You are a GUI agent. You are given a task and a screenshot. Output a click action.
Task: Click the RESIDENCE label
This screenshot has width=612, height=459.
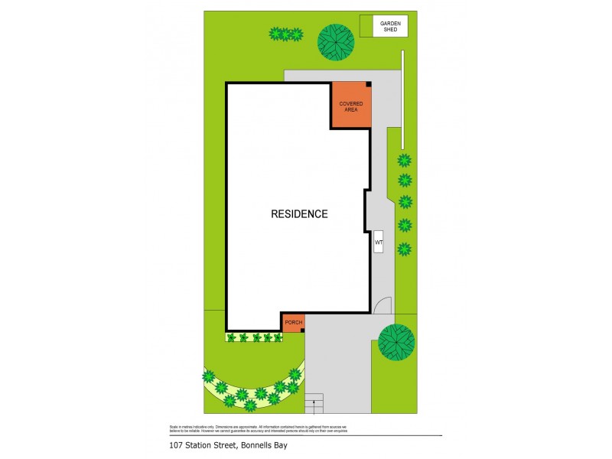click(299, 214)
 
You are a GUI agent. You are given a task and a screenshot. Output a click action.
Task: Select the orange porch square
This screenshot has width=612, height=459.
click(294, 323)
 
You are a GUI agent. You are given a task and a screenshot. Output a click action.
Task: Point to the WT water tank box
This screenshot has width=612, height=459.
click(378, 243)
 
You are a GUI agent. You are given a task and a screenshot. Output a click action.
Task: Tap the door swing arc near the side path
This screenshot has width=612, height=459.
click(382, 304)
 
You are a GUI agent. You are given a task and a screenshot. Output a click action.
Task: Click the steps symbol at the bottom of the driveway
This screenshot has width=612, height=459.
click(314, 404)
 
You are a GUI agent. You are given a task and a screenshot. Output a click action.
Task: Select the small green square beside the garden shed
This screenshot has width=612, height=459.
click(366, 27)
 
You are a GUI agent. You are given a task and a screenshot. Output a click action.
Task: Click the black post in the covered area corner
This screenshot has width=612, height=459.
click(368, 84)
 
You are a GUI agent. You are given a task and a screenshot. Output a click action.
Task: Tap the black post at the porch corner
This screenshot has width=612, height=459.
click(303, 330)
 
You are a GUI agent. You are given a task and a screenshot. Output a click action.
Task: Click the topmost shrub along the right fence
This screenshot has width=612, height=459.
click(404, 161)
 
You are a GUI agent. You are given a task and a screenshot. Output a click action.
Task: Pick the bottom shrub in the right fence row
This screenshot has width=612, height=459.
click(404, 248)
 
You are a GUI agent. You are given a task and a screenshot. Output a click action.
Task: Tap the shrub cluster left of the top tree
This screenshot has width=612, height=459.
click(286, 34)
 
